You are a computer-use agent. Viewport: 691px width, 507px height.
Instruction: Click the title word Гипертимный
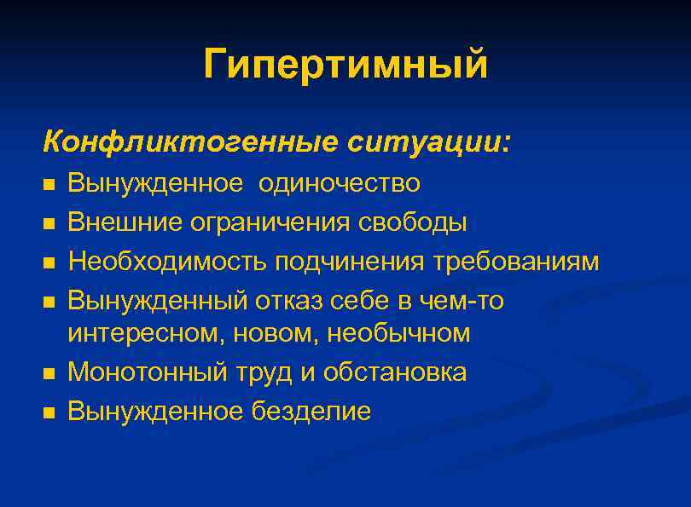click(x=345, y=65)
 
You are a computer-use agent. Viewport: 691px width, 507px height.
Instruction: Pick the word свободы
click(x=412, y=222)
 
